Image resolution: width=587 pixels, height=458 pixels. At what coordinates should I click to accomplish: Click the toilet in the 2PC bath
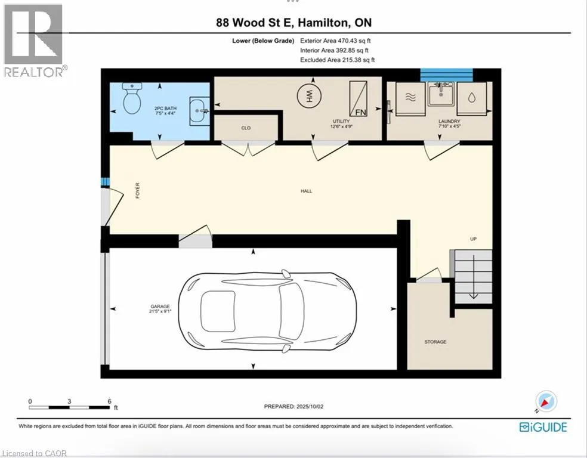pyautogui.click(x=132, y=98)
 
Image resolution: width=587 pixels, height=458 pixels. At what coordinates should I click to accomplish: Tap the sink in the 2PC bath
pyautogui.click(x=199, y=111)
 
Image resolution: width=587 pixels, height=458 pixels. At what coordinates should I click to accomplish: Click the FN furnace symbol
pyautogui.click(x=359, y=99)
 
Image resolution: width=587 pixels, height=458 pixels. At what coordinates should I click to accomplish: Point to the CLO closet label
pyautogui.click(x=246, y=128)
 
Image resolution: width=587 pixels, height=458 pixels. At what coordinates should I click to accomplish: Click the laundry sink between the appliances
pyautogui.click(x=441, y=94)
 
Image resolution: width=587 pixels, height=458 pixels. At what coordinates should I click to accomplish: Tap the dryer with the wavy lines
pyautogui.click(x=410, y=99)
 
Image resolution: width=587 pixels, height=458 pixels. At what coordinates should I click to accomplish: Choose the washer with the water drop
pyautogui.click(x=472, y=99)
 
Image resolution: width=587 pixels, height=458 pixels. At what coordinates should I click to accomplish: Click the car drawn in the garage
pyautogui.click(x=267, y=311)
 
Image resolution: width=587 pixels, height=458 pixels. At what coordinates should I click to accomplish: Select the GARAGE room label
pyautogui.click(x=160, y=307)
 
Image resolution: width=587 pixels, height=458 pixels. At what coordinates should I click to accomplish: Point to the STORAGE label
pyautogui.click(x=435, y=342)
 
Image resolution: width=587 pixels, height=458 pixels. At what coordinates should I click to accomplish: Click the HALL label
pyautogui.click(x=306, y=191)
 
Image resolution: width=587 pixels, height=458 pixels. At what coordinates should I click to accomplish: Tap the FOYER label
pyautogui.click(x=138, y=190)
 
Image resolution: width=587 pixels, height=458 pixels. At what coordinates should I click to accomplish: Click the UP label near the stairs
pyautogui.click(x=473, y=239)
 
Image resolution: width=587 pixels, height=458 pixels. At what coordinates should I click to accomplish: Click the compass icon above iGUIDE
pyautogui.click(x=546, y=401)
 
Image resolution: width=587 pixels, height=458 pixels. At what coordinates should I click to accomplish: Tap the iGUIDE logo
pyautogui.click(x=543, y=428)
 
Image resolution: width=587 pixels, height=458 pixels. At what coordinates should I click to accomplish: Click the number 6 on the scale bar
pyautogui.click(x=109, y=401)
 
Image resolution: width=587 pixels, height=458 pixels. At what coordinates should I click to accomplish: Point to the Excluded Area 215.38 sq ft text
pyautogui.click(x=337, y=60)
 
